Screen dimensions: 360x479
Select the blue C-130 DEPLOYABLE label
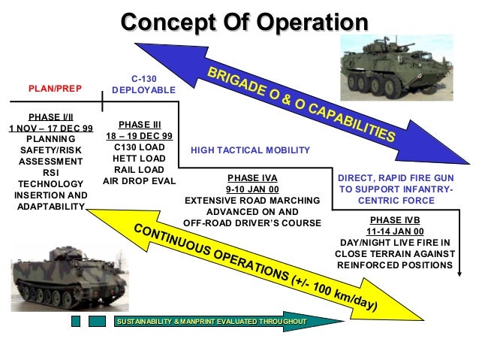143,83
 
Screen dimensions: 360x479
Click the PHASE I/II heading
50,117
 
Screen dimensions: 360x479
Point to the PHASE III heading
140,124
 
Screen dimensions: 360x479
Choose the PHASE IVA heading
252,179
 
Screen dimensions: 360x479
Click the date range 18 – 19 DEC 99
140,136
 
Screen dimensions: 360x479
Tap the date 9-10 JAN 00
252,190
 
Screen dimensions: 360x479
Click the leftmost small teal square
75,322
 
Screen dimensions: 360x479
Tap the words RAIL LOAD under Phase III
140,170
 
